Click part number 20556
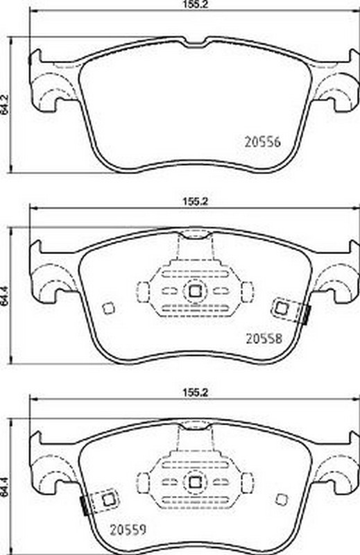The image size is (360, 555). tap(263, 142)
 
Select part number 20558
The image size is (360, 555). tap(264, 339)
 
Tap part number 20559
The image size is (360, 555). tap(128, 530)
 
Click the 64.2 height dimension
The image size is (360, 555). tap(5, 105)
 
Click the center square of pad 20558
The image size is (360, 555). tap(194, 291)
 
